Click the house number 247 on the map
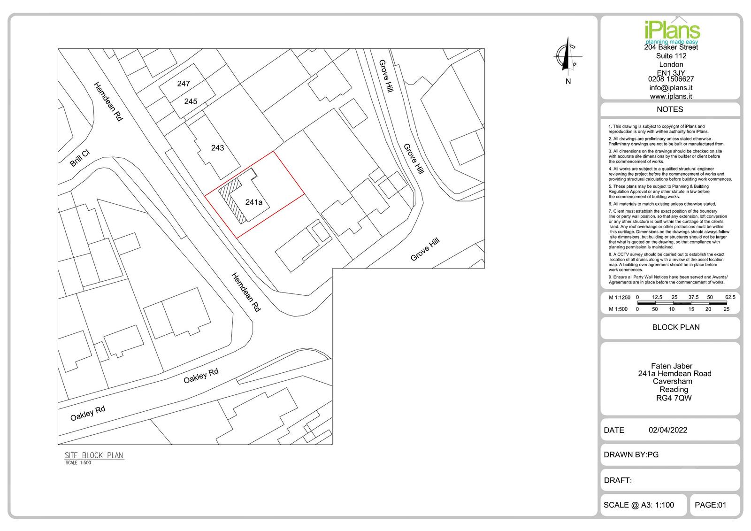tap(184, 84)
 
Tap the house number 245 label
tap(191, 101)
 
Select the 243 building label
tap(218, 147)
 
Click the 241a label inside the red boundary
tap(254, 202)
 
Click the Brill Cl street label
tap(80, 158)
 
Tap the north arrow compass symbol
tap(567, 56)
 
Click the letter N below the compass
tap(568, 82)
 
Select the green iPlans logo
tap(672, 32)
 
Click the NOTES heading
tap(670, 109)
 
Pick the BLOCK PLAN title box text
tap(676, 327)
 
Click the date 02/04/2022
tap(668, 430)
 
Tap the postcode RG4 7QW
tap(674, 398)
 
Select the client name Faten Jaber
tap(672, 366)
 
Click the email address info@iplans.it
tap(671, 88)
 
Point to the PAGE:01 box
tap(715, 505)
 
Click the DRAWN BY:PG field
tap(631, 454)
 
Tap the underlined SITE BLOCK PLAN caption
tap(94, 455)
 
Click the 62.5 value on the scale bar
tap(730, 297)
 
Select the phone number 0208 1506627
tap(671, 79)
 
